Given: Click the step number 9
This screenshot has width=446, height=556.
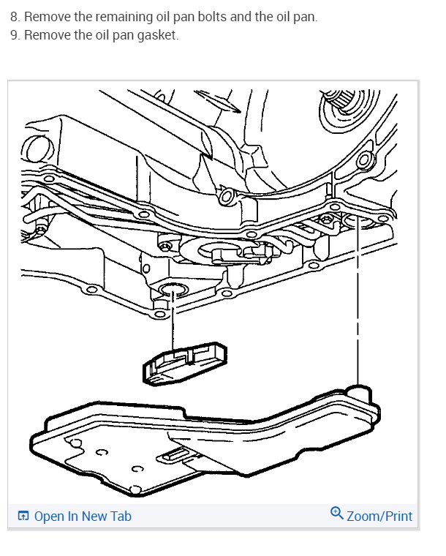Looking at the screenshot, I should (15, 35).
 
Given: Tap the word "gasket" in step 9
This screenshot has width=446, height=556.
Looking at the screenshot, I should (158, 35).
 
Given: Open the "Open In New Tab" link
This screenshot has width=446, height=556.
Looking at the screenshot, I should (82, 516).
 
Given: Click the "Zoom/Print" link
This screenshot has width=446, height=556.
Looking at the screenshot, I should (379, 516).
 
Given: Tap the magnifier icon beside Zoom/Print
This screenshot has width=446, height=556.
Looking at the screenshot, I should (337, 514).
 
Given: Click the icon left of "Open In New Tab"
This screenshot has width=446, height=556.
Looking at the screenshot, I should (23, 516).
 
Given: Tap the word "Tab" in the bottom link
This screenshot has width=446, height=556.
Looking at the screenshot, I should (121, 516).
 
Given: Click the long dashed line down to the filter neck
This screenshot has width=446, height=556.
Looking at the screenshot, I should (357, 307).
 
